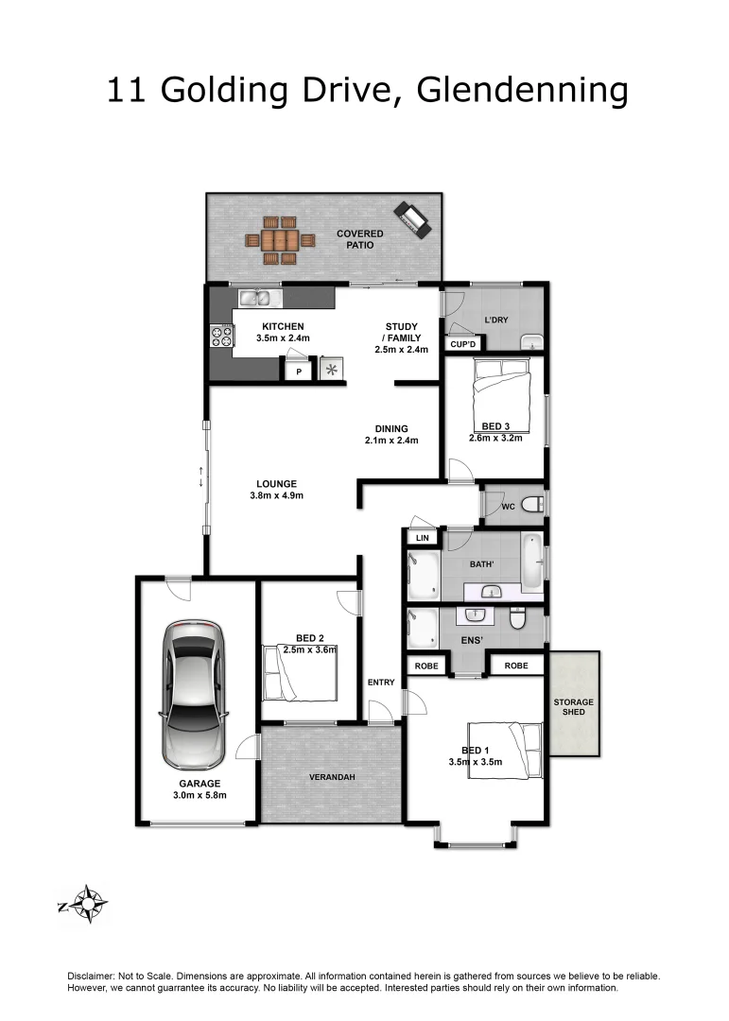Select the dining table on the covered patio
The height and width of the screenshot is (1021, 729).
(276, 240)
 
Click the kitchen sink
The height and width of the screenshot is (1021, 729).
(254, 299)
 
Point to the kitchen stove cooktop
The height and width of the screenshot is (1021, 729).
(222, 337)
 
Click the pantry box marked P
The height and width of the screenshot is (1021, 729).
(299, 372)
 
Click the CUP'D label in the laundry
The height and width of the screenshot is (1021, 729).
(462, 344)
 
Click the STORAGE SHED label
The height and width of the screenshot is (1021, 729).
(574, 706)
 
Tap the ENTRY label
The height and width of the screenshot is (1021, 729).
(380, 682)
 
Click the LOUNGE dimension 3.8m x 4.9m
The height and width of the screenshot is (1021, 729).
(275, 495)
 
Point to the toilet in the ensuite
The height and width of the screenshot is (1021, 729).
(517, 619)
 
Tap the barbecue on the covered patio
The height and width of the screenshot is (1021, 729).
(412, 219)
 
